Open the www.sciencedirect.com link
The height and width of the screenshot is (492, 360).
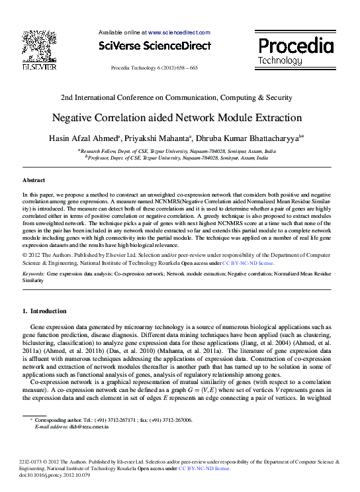point(179,32)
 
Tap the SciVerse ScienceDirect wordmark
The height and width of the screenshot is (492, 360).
point(154,46)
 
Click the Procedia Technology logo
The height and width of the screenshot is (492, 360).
point(295,50)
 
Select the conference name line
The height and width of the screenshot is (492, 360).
point(177,97)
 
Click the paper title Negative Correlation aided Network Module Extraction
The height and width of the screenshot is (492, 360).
point(177,119)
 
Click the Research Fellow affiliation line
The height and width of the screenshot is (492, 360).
point(177,151)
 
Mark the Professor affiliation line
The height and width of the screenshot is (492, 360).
point(177,159)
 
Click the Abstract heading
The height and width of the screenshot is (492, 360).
point(34,180)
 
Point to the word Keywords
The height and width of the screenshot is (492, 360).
point(34,273)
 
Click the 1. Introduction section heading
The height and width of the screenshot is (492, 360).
point(44,311)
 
